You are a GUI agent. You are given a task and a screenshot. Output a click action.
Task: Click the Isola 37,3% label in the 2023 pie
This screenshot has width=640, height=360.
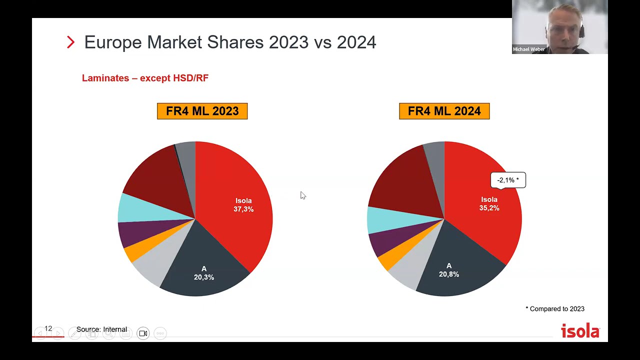point(243,205)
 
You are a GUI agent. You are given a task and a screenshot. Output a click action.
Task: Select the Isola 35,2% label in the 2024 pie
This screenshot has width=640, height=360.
point(489,203)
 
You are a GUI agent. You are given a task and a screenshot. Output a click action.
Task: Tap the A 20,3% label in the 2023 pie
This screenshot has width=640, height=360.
point(204,273)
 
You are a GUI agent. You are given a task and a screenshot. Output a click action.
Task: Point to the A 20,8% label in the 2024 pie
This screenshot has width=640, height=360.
point(449,270)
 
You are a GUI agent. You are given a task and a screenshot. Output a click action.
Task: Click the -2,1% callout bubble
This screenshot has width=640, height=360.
point(508,180)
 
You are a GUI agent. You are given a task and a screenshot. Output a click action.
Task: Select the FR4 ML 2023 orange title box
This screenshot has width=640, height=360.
point(202,111)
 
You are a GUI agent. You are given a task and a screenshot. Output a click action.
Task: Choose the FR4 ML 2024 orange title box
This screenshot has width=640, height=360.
point(444,111)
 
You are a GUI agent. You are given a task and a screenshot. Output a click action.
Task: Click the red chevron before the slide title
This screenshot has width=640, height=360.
point(70,42)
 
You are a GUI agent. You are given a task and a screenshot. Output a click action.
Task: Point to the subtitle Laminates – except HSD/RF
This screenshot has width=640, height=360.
point(145,78)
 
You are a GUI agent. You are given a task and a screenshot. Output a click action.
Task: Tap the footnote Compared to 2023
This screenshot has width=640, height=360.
point(555,309)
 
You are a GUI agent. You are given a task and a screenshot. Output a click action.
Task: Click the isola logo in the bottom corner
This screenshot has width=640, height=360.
point(580,331)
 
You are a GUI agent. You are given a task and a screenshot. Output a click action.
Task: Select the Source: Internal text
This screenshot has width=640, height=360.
point(101,329)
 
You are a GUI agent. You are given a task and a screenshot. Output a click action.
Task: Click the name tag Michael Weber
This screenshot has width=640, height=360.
point(528,49)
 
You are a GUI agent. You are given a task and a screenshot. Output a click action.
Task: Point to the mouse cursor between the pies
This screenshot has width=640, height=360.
point(302,195)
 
